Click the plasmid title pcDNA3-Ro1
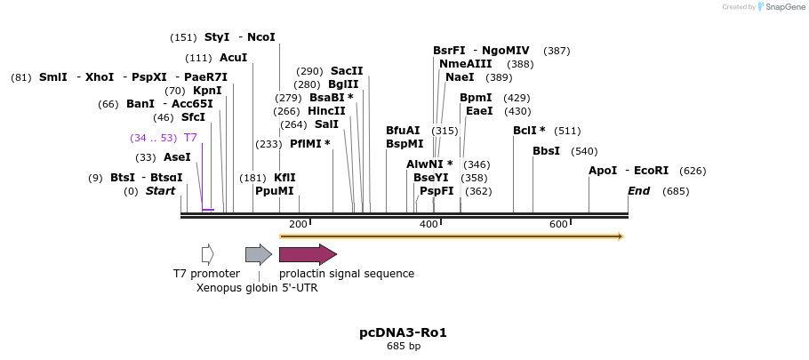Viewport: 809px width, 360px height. (403, 332)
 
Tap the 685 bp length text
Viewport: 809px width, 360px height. (403, 346)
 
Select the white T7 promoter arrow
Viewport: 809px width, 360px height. (207, 254)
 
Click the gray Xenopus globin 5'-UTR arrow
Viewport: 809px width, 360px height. (258, 254)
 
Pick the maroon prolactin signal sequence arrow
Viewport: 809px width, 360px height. (308, 254)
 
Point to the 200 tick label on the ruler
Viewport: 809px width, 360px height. (298, 224)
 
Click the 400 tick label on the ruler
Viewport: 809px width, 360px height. (429, 224)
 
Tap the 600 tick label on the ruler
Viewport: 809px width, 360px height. (558, 224)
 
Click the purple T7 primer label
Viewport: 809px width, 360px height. (190, 138)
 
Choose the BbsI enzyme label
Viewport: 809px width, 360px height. (546, 151)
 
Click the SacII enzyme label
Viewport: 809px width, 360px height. (347, 71)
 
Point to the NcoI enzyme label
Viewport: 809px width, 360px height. (261, 37)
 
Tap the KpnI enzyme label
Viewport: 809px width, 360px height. (207, 91)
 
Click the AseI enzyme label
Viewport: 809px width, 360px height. (177, 157)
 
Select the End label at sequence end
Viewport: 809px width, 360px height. (638, 191)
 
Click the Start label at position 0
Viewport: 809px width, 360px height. (160, 191)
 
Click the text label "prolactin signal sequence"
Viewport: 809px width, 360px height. (347, 274)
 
